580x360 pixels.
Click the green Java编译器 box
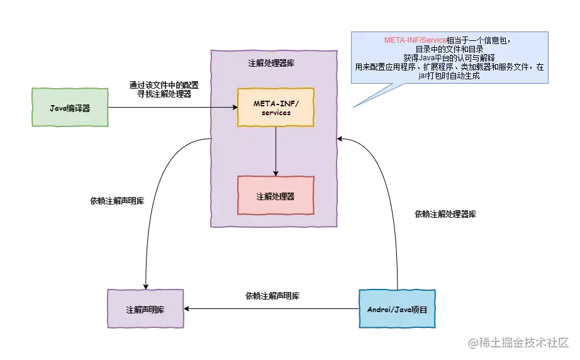70,108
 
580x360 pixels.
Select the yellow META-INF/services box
276,107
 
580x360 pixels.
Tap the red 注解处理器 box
276,196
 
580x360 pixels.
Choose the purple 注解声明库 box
146,309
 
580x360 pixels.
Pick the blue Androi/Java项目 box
397,309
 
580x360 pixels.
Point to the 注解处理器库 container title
276,64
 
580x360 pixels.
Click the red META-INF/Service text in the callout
415,40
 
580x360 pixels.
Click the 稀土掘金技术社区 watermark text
523,342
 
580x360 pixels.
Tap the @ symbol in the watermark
471,342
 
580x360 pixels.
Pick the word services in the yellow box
276,113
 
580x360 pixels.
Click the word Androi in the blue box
380,309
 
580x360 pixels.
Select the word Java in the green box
59,108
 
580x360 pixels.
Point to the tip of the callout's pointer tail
350,108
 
